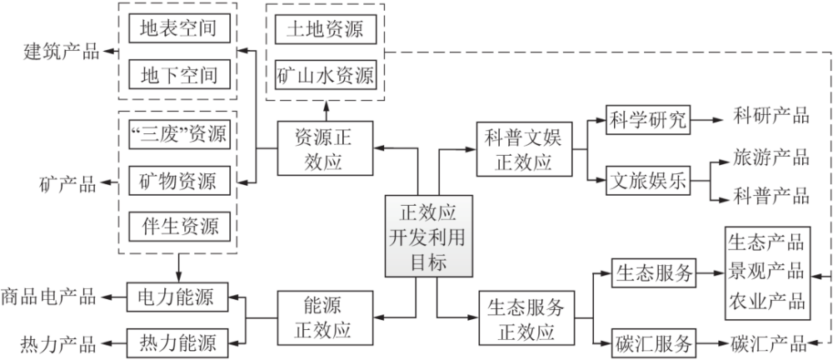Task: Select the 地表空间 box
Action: tap(178, 30)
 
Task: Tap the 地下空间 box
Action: tap(178, 76)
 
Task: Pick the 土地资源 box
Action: tap(326, 30)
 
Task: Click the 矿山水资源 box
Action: tap(326, 76)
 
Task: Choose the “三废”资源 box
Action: tap(178, 133)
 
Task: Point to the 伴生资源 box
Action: tap(178, 225)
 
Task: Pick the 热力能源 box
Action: tap(178, 342)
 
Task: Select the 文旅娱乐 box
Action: tap(649, 181)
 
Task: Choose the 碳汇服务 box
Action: tap(654, 342)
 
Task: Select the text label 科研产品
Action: tap(771, 116)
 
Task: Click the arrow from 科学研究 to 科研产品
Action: tap(705, 119)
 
